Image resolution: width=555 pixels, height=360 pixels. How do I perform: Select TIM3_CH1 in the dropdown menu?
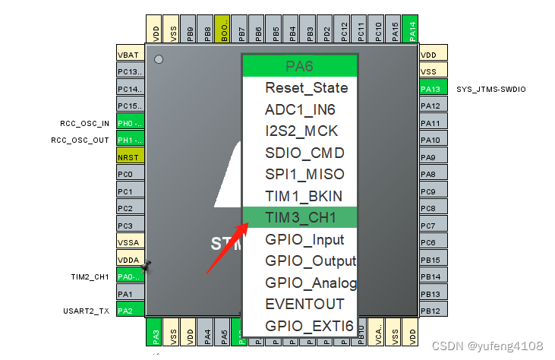coord(300,217)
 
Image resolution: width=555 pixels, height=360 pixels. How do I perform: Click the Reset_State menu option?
coord(306,87)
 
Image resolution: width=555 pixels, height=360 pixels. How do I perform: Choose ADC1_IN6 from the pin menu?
coord(300,109)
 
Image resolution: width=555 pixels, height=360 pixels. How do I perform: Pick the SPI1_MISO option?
coord(304,174)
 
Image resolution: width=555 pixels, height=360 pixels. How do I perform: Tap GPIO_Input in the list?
coord(304,239)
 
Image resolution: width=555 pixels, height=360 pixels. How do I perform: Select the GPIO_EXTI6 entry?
coord(309,326)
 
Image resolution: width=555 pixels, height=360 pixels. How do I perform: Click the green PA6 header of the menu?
coord(299,66)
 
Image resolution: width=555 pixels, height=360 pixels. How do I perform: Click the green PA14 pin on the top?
coord(411,30)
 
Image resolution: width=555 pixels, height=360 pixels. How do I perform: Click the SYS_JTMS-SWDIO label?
coord(490,89)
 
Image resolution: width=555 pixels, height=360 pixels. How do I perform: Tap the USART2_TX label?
coord(87,311)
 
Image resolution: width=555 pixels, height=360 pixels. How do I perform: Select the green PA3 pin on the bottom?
coord(154,332)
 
